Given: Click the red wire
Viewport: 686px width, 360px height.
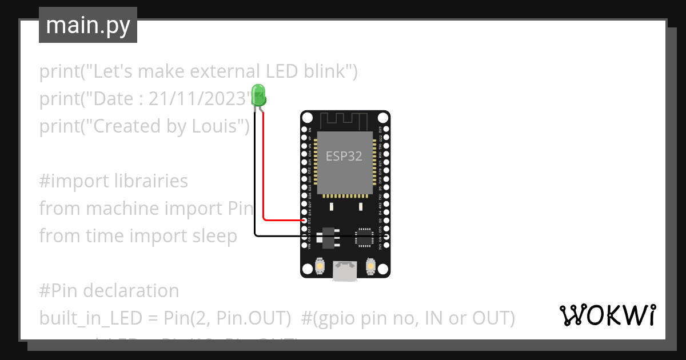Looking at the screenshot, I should coord(264,171).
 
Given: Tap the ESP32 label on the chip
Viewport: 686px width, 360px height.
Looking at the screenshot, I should coord(344,156).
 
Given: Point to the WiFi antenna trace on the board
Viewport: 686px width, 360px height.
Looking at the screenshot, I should coord(343,121).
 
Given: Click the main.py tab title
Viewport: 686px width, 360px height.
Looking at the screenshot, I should coord(88,25).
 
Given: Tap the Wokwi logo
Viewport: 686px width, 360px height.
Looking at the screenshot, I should coord(608,315).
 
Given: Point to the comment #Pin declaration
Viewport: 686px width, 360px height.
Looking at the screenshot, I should coord(109,291).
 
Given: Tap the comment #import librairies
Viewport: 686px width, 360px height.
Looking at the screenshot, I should coord(114,181).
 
